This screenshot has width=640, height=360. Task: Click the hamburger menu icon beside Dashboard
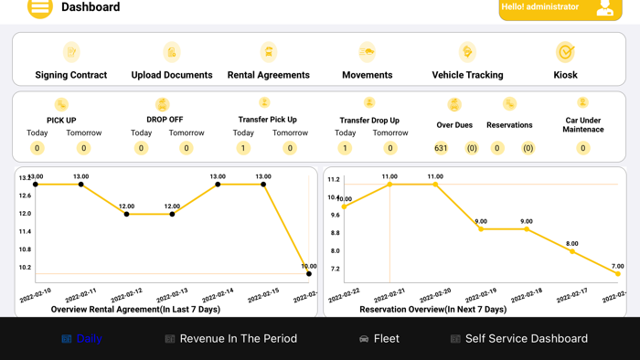click(x=39, y=8)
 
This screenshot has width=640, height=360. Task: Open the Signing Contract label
click(x=71, y=75)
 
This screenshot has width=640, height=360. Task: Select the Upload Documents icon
click(x=172, y=52)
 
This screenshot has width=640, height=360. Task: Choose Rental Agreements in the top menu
click(x=269, y=75)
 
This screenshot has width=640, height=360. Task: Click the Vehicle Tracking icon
click(x=467, y=52)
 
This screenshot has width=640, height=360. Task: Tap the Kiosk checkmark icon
click(x=565, y=52)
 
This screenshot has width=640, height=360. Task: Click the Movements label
click(x=368, y=75)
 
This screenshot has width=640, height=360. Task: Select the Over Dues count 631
click(x=442, y=148)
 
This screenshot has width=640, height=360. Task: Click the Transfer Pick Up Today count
click(x=243, y=148)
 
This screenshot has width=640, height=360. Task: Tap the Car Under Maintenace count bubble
click(x=583, y=148)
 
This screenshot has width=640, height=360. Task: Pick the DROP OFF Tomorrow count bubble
click(x=187, y=148)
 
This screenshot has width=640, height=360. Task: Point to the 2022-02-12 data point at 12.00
click(x=127, y=214)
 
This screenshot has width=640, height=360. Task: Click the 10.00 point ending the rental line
click(x=309, y=273)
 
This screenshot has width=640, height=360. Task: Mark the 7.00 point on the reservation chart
click(x=618, y=273)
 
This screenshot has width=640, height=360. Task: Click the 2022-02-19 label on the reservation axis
click(x=481, y=294)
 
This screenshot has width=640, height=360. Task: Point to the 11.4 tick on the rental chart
click(x=25, y=231)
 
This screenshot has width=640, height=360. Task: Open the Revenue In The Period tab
click(x=231, y=338)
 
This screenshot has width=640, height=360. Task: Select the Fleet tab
click(x=379, y=338)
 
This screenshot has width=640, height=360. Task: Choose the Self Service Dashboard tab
click(x=519, y=338)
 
